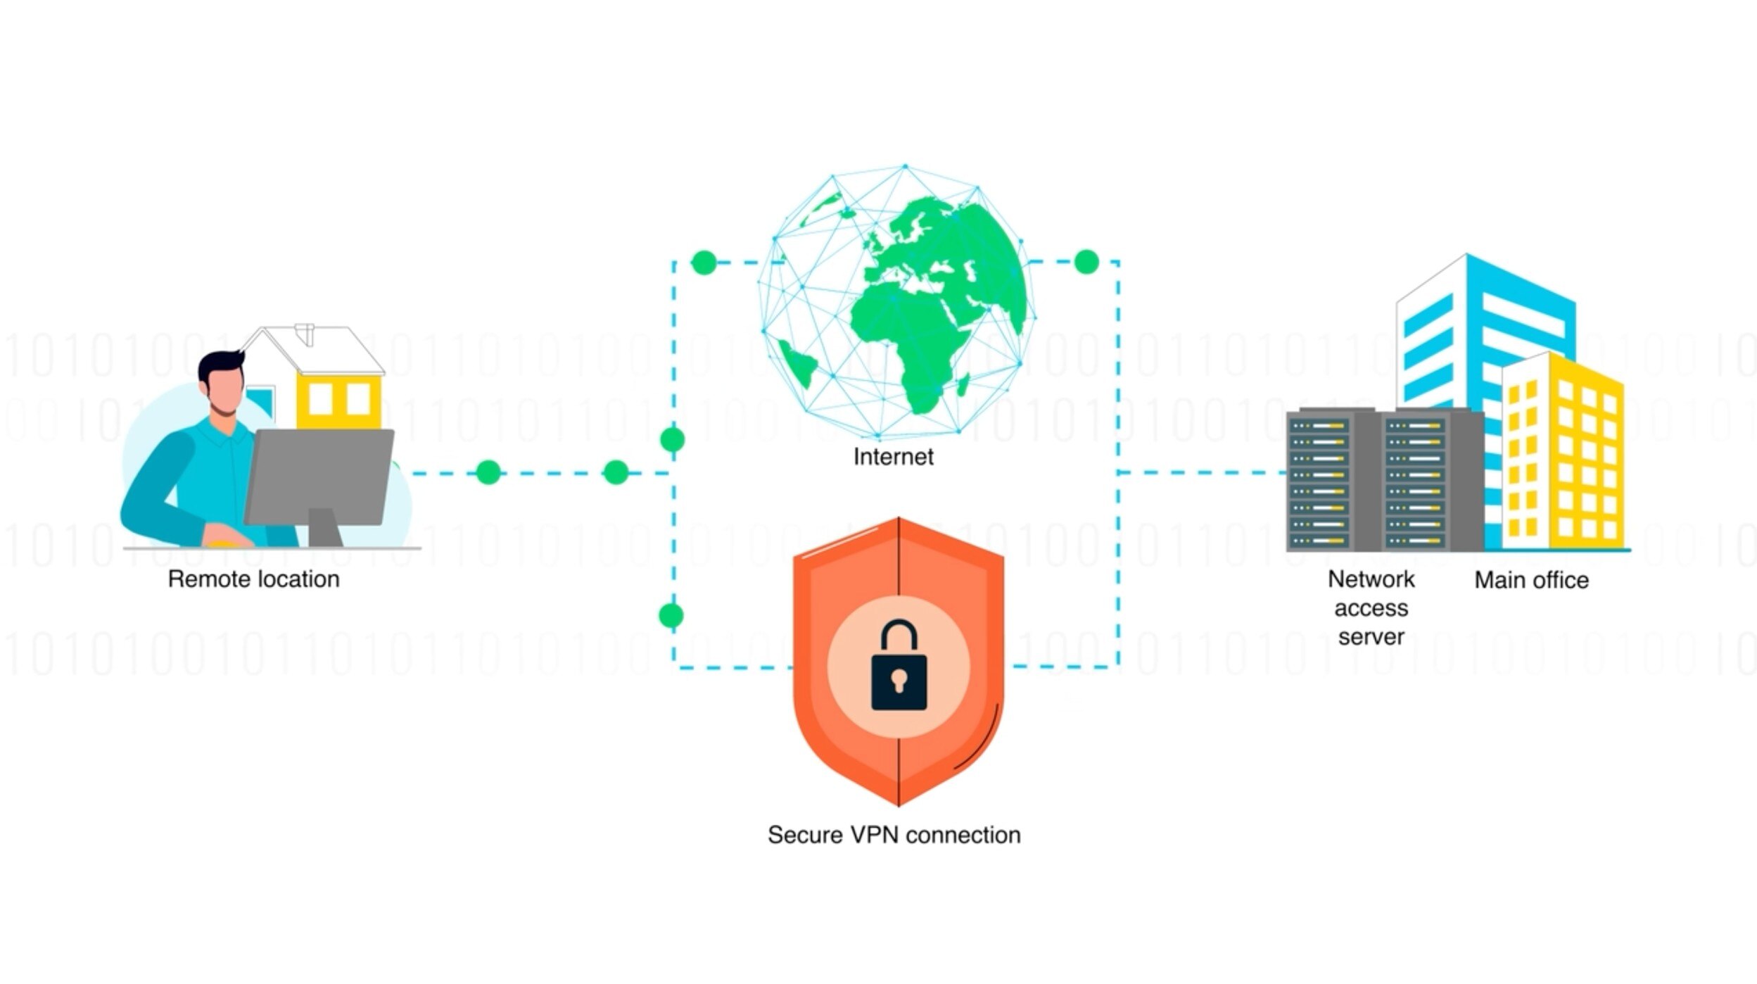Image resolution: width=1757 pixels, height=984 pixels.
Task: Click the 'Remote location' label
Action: (x=253, y=579)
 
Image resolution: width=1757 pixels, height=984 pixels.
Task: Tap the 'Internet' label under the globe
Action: (x=893, y=457)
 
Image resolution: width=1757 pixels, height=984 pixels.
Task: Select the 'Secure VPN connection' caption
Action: (x=894, y=835)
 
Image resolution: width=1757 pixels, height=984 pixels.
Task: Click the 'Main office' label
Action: (x=1531, y=580)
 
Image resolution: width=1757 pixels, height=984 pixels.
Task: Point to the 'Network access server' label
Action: (x=1371, y=607)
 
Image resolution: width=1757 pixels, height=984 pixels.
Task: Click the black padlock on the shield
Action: (x=899, y=669)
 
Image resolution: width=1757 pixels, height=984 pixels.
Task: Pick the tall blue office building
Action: (x=1485, y=317)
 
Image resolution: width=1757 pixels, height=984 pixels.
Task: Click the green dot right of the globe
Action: (x=1086, y=262)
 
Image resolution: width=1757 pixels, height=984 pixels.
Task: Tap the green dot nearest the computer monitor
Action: (x=488, y=472)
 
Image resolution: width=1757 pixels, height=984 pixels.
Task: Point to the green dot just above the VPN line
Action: (x=671, y=615)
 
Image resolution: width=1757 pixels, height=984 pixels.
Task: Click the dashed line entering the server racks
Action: (x=1203, y=472)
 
